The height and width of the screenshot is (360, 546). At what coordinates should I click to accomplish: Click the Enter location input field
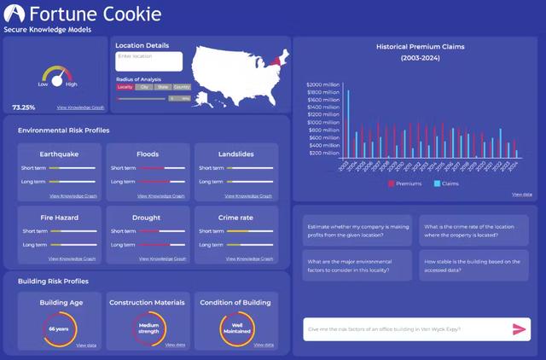click(148, 61)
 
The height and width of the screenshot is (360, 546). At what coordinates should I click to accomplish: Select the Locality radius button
click(125, 87)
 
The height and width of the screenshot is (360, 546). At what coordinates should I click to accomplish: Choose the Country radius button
click(182, 87)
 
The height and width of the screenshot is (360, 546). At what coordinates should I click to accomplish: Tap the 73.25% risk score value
click(23, 107)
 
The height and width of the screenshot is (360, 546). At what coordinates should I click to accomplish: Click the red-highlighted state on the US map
click(275, 58)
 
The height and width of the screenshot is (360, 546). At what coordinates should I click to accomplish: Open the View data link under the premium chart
click(522, 195)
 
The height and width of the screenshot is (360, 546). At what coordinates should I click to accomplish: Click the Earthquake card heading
click(59, 154)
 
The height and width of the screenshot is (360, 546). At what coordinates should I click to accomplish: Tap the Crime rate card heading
click(235, 218)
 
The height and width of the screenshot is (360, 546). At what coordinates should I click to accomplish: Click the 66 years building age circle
click(59, 328)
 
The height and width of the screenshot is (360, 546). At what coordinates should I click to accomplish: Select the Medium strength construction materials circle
click(148, 328)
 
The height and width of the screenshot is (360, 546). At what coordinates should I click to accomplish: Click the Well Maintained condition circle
click(235, 328)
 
